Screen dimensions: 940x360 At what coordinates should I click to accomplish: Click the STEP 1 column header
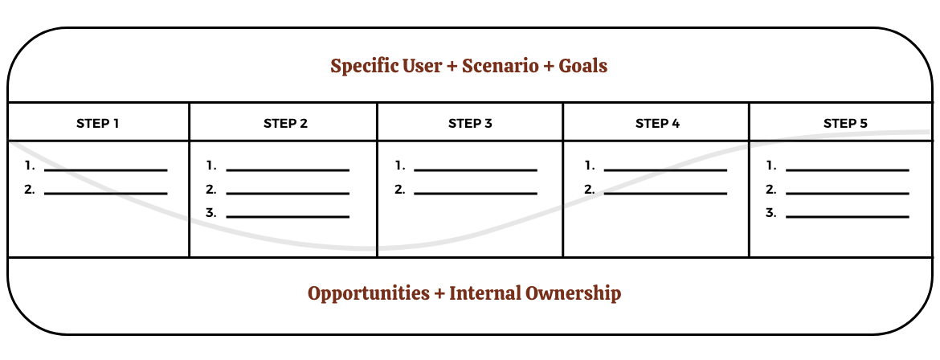point(98,124)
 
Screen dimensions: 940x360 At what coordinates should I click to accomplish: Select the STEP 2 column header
point(285,124)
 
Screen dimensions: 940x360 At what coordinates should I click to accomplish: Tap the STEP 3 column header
point(470,124)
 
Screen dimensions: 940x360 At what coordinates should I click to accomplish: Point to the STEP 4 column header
point(658,124)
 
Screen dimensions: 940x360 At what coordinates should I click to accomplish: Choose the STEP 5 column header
point(845,124)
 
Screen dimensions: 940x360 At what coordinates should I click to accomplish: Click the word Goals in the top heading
point(583,65)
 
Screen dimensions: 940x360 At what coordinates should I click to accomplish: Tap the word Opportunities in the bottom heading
point(369,293)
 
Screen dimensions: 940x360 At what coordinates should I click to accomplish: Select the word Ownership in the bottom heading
point(573,293)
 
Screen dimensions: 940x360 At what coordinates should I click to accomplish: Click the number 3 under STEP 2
point(210,212)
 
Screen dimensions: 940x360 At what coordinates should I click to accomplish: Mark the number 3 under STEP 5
point(771,212)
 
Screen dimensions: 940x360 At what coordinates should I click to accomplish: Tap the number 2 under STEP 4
point(590,190)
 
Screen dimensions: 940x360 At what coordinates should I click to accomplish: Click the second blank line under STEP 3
point(476,194)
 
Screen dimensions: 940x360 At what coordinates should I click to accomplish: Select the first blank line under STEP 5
point(847,170)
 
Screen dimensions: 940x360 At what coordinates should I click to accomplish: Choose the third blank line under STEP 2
point(288,217)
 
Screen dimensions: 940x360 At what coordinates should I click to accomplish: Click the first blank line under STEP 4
point(665,170)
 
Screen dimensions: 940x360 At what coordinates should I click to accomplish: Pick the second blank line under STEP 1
point(106,194)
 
